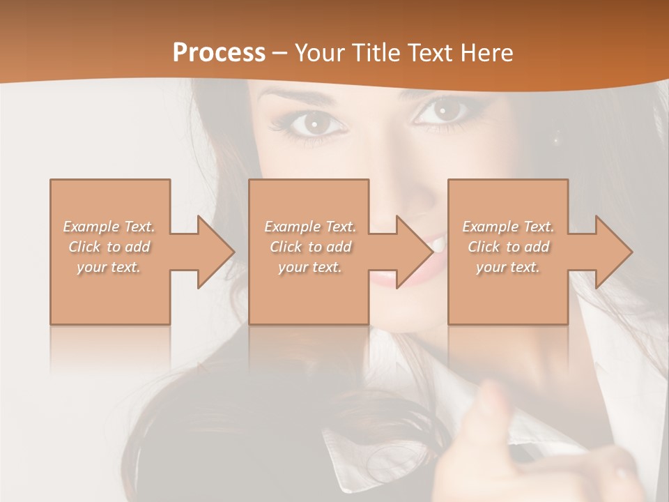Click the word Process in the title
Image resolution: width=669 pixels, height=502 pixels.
tap(219, 53)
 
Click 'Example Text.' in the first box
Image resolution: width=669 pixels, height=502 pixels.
tap(109, 227)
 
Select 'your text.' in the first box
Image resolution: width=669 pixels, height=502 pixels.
tap(109, 267)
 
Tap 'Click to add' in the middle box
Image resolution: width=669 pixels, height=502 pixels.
tap(310, 247)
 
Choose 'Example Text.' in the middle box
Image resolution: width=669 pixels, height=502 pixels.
tap(310, 227)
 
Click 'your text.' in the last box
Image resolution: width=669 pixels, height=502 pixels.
tap(508, 267)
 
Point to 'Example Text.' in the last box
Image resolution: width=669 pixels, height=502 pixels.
tap(508, 227)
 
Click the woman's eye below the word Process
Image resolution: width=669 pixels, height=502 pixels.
tap(315, 124)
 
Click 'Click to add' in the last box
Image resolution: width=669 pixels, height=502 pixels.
tap(508, 247)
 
